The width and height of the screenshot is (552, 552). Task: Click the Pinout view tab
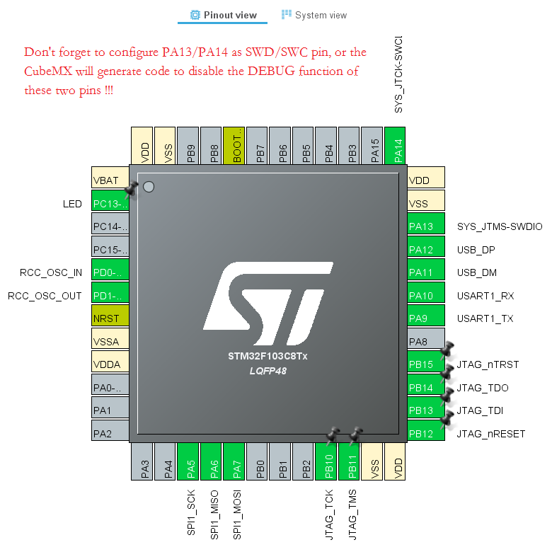pyautogui.click(x=223, y=15)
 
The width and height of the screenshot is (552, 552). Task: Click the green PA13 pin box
pyautogui.click(x=426, y=226)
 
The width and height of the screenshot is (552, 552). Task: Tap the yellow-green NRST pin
pyautogui.click(x=110, y=318)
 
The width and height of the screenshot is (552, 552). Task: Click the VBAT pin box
pyautogui.click(x=110, y=180)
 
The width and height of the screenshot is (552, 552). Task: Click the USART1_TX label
pyautogui.click(x=485, y=318)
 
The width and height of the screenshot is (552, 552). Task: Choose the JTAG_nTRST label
pyautogui.click(x=488, y=364)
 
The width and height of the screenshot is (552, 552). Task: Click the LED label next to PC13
pyautogui.click(x=72, y=204)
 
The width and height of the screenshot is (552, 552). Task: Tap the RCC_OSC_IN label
pyautogui.click(x=51, y=272)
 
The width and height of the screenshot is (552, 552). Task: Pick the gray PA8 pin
pyautogui.click(x=426, y=342)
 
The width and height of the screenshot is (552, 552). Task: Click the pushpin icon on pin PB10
pyautogui.click(x=332, y=435)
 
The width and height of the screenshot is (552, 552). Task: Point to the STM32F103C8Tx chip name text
pyautogui.click(x=268, y=356)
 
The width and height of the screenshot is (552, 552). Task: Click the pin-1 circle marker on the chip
pyautogui.click(x=149, y=188)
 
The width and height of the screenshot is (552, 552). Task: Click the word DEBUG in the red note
pyautogui.click(x=259, y=71)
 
